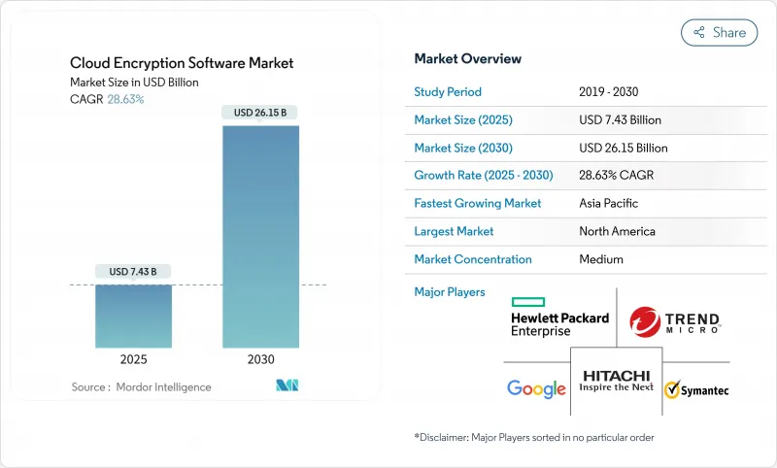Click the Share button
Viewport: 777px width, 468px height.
pos(720,32)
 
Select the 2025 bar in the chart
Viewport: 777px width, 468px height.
pos(134,316)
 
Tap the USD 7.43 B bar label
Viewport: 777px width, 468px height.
pos(134,270)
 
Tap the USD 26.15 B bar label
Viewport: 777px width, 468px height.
pos(261,113)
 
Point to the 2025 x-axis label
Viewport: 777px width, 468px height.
pos(134,358)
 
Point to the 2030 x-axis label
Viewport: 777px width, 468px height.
pos(261,358)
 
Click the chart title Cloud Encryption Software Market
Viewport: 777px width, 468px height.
pos(182,63)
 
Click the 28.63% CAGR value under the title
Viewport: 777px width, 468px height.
pos(124,99)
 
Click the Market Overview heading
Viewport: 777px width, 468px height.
pos(467,58)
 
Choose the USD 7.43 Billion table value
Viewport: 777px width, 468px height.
pos(620,120)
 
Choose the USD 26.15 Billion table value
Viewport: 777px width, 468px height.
pos(623,149)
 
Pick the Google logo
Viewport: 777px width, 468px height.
pos(536,389)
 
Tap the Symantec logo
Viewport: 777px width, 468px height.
pos(696,390)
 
